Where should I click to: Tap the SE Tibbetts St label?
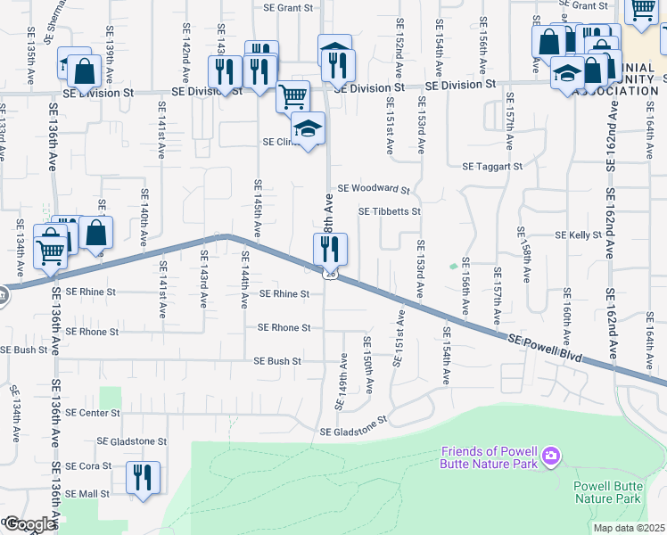[x=389, y=212]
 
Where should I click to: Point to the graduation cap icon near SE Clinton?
[x=309, y=130]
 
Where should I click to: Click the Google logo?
[x=29, y=524]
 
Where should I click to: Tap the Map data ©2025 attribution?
[x=629, y=528]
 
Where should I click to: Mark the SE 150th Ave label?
[x=366, y=365]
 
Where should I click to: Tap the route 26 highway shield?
[x=330, y=274]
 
